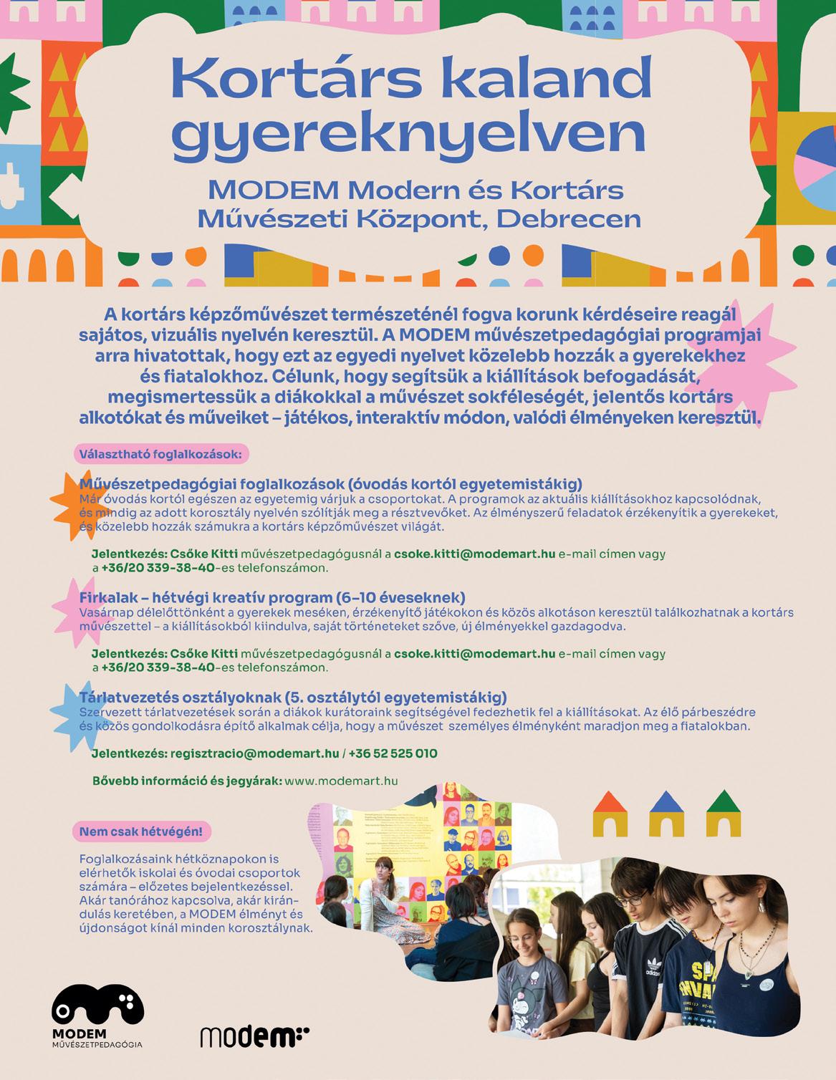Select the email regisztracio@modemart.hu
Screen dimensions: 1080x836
(254, 753)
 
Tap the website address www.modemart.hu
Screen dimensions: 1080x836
(341, 781)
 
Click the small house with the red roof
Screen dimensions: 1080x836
(609, 814)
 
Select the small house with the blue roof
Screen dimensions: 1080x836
(666, 814)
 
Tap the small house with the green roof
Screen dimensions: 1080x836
(724, 814)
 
